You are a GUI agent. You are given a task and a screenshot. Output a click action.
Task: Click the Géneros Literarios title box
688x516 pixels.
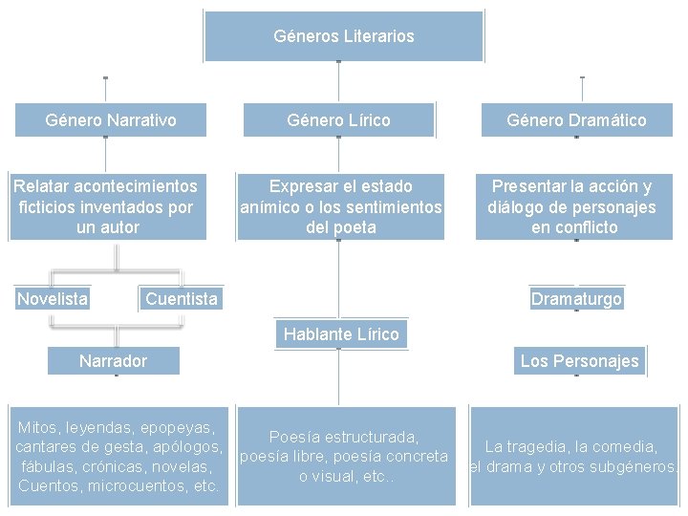pyautogui.click(x=344, y=36)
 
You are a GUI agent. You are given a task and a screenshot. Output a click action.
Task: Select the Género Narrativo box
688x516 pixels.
pyautogui.click(x=111, y=120)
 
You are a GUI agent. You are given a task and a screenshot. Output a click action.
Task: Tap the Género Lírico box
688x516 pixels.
pyautogui.click(x=339, y=120)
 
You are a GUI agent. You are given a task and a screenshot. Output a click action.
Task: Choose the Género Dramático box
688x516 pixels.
pyautogui.click(x=576, y=120)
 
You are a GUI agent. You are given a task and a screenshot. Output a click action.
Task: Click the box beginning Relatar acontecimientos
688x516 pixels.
pyautogui.click(x=105, y=206)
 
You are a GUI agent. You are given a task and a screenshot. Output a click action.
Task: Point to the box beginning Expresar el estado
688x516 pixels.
pyautogui.click(x=341, y=206)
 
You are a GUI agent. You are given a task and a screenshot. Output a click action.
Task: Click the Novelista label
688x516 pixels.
pyautogui.click(x=53, y=299)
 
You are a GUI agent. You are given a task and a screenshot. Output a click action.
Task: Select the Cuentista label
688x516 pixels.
pyautogui.click(x=182, y=299)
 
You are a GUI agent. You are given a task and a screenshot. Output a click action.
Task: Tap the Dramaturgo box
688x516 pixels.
pyautogui.click(x=576, y=299)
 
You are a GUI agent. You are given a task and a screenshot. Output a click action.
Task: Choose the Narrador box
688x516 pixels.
pyautogui.click(x=113, y=360)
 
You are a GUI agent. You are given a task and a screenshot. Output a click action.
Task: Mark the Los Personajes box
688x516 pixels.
pyautogui.click(x=579, y=360)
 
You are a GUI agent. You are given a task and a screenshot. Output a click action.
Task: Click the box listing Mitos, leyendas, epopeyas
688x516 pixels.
pyautogui.click(x=118, y=456)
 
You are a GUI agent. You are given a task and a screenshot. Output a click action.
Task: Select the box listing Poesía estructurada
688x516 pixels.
pyautogui.click(x=343, y=456)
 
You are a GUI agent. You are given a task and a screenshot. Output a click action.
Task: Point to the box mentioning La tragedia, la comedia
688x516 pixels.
pyautogui.click(x=571, y=456)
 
